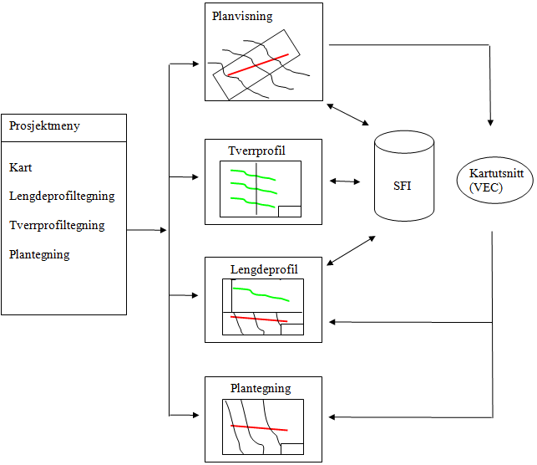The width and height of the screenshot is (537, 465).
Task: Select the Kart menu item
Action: point(21,167)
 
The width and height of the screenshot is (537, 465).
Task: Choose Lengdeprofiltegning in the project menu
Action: point(62,197)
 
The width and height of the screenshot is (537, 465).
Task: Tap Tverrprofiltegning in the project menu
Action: point(57,226)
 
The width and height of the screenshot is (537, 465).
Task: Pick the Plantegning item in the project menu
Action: point(39,254)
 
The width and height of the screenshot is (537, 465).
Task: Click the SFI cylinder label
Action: point(403,186)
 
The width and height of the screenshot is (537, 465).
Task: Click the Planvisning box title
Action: point(243,16)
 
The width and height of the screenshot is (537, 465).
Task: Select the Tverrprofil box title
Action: point(256,151)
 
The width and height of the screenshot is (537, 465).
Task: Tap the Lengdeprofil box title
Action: point(264,269)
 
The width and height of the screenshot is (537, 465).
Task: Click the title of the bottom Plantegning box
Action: point(261,388)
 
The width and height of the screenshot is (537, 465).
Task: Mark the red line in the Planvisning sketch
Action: point(258,65)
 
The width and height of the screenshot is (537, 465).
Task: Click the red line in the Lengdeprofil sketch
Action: point(259,319)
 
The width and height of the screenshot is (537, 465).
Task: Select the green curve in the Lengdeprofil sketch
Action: point(261,294)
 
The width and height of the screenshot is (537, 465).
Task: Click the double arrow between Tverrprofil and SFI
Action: point(345,180)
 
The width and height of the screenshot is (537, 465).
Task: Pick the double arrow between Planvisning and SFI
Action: point(348,114)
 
